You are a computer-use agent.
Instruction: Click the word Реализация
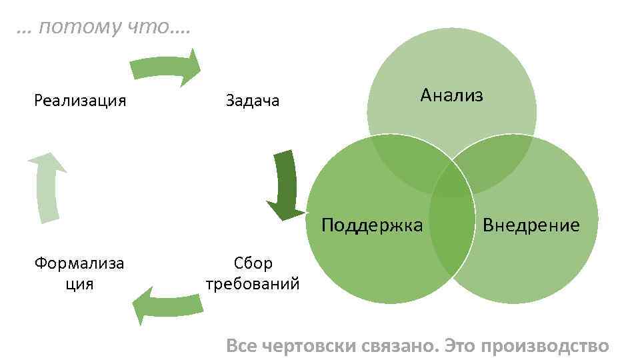(80, 101)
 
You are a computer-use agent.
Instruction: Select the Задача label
(253, 101)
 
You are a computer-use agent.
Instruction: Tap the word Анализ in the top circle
(451, 95)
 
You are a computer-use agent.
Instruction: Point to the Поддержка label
(372, 225)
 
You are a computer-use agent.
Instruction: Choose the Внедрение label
(531, 225)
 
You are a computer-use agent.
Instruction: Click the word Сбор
(253, 263)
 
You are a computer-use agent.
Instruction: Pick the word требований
(253, 284)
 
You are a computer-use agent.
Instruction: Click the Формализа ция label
(80, 274)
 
